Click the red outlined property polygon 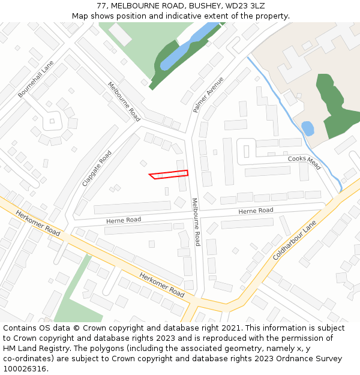(x=169, y=175)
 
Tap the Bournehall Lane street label (x=35, y=79)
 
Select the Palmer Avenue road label (x=208, y=95)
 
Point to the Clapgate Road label (x=97, y=168)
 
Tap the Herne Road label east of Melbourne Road (x=256, y=211)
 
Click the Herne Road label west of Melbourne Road (x=124, y=220)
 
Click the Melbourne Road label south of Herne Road (x=196, y=222)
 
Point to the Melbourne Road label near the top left (x=124, y=101)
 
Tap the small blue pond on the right (x=307, y=128)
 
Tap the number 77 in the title (x=101, y=5)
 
